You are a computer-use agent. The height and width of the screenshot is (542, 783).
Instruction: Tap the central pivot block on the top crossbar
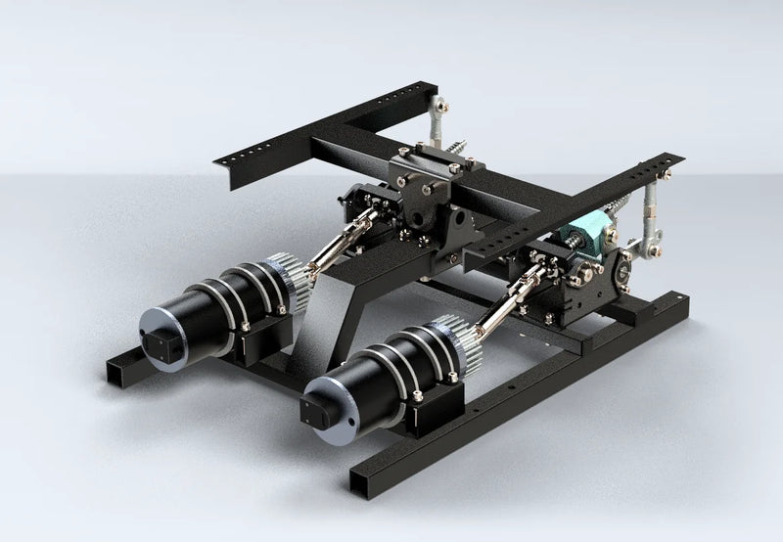pyautogui.click(x=423, y=175)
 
